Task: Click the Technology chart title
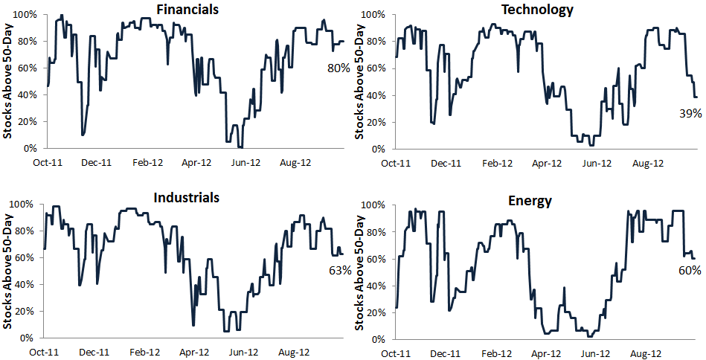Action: (x=537, y=10)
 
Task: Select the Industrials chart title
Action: (x=187, y=197)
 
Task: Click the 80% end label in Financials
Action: (x=338, y=68)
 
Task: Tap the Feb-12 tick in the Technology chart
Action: (x=497, y=162)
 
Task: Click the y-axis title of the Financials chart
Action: (x=7, y=82)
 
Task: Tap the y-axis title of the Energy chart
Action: (x=360, y=271)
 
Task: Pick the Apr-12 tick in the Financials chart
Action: (x=196, y=161)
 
